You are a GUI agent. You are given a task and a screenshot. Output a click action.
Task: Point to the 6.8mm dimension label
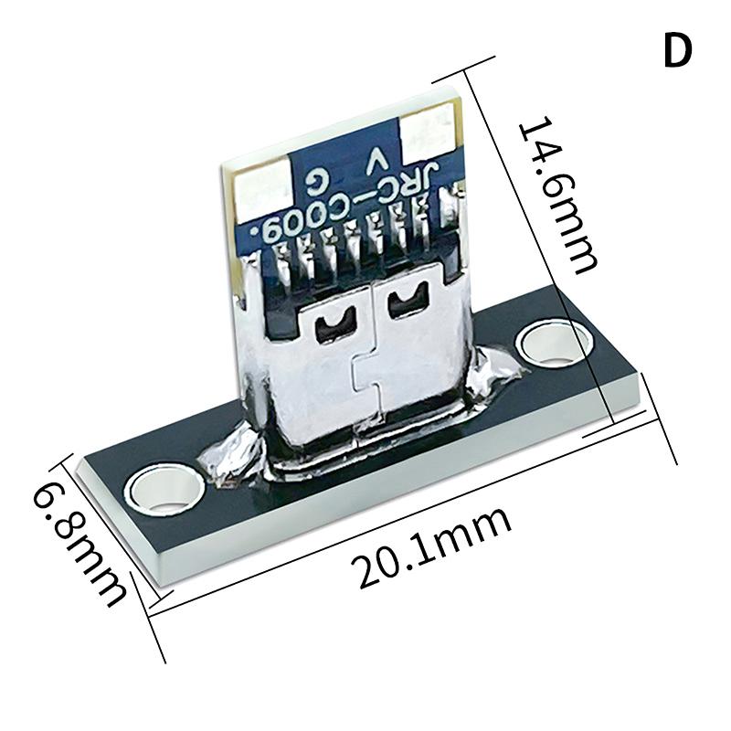click(x=80, y=543)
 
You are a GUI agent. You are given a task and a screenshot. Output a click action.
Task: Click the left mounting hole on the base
click(x=164, y=493)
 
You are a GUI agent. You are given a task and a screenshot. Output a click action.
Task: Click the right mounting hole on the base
click(x=552, y=344)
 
